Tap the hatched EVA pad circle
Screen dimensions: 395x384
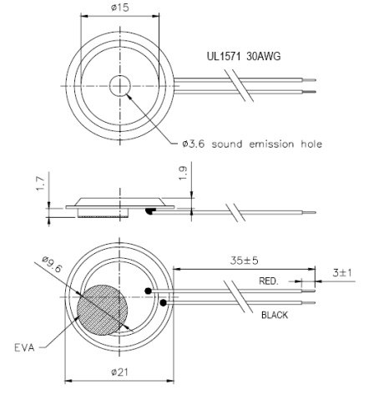[101, 310]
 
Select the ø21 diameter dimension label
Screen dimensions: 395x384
[120, 372]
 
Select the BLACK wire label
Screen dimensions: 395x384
[275, 315]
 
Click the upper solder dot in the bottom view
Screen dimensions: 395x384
[148, 291]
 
